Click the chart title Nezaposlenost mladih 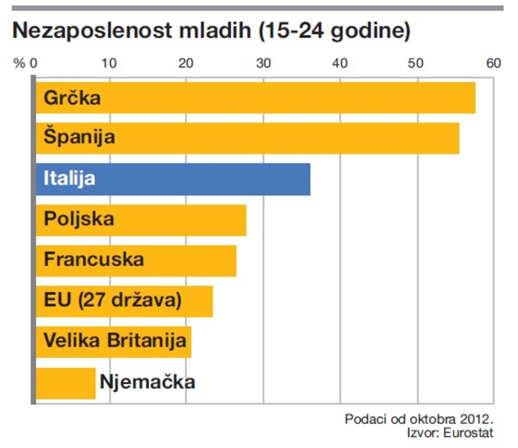tap(211, 31)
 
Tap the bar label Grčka tap(72, 98)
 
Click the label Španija tap(79, 138)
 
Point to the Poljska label tap(79, 219)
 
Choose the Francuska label tap(94, 259)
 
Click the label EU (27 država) tap(112, 300)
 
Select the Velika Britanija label tap(114, 341)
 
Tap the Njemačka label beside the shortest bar tap(147, 382)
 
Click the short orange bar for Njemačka tap(66, 383)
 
